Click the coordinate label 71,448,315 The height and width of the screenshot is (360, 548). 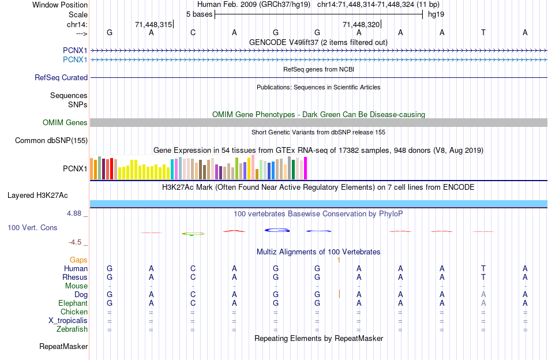click(153, 24)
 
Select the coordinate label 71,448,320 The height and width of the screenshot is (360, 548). click(361, 24)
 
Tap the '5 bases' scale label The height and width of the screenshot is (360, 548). click(198, 14)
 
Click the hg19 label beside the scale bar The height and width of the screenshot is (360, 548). click(436, 14)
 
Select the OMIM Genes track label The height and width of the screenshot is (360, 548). click(65, 122)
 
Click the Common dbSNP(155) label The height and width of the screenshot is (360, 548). click(51, 140)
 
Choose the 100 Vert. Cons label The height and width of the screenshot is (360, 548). click(32, 227)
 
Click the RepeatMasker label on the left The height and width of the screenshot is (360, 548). click(63, 347)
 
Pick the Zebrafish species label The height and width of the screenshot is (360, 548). click(72, 329)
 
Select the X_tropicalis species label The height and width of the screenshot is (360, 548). click(68, 321)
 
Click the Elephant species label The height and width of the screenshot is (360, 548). click(73, 303)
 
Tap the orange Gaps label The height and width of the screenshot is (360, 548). click(78, 260)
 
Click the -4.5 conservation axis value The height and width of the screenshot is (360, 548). click(77, 242)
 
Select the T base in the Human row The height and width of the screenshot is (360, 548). click(483, 268)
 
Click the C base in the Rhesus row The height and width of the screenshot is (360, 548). click(193, 277)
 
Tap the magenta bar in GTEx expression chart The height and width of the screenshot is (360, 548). click(305, 168)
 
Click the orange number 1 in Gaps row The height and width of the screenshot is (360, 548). click(339, 260)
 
